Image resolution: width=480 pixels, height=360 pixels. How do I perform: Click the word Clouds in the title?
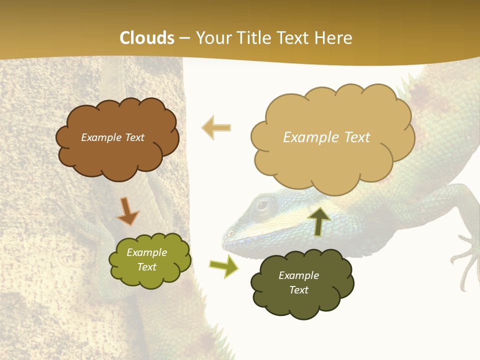click(x=147, y=38)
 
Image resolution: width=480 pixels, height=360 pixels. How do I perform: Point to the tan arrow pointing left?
click(x=216, y=127)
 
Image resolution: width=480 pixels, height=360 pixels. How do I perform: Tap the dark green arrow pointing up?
click(x=319, y=220)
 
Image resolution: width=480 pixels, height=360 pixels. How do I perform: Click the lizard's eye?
click(x=263, y=204)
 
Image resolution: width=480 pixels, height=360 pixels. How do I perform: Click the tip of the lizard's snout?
click(x=226, y=234)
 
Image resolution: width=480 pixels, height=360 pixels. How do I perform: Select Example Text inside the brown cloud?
click(x=112, y=137)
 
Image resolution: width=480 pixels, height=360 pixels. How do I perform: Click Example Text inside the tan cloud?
click(x=326, y=137)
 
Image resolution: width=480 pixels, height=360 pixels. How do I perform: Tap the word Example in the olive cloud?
click(x=146, y=252)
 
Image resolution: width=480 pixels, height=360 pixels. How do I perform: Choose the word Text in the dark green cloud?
click(x=298, y=290)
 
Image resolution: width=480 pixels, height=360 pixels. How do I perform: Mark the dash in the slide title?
click(x=184, y=38)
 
